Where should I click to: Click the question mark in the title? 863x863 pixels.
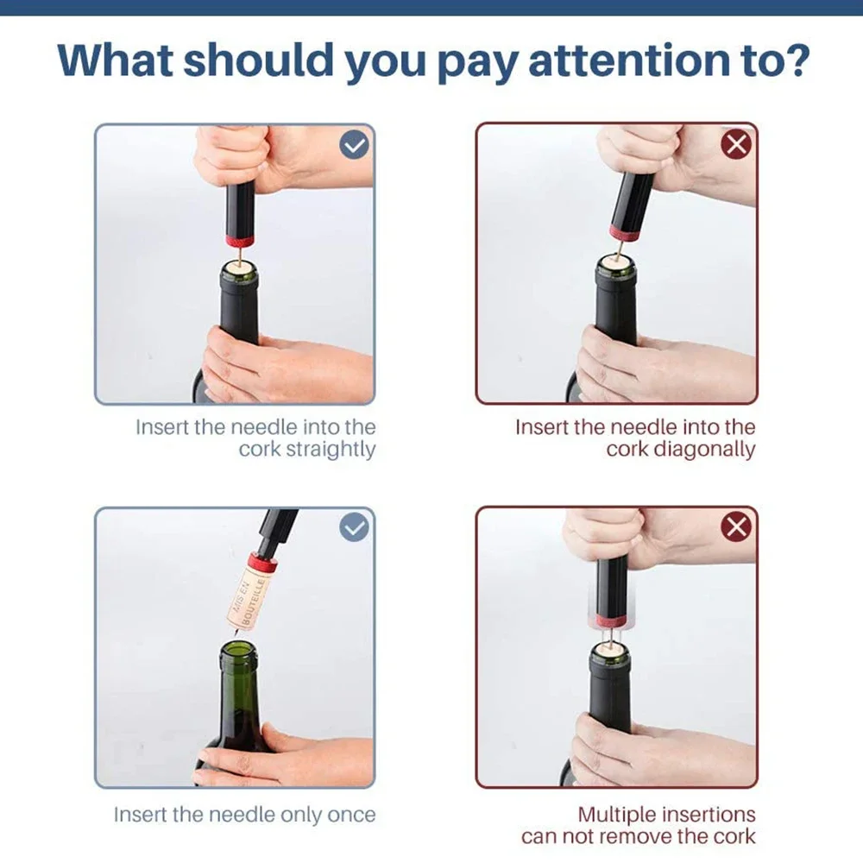pos(794,59)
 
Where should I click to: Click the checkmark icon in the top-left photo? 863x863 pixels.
pos(355,145)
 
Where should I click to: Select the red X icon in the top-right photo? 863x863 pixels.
pos(736,145)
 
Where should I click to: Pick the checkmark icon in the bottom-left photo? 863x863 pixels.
pos(355,527)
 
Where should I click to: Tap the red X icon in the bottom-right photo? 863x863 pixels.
pos(736,527)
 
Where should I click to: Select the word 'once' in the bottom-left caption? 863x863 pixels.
pos(352,816)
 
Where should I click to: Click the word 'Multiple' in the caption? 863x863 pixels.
pos(616,816)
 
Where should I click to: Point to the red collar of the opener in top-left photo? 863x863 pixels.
pos(239,241)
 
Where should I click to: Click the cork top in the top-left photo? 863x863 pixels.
pos(239,267)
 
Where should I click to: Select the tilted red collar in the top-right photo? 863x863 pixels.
pos(625,233)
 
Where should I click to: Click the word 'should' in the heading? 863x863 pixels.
pos(259,59)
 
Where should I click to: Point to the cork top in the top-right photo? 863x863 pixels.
pos(616,260)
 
